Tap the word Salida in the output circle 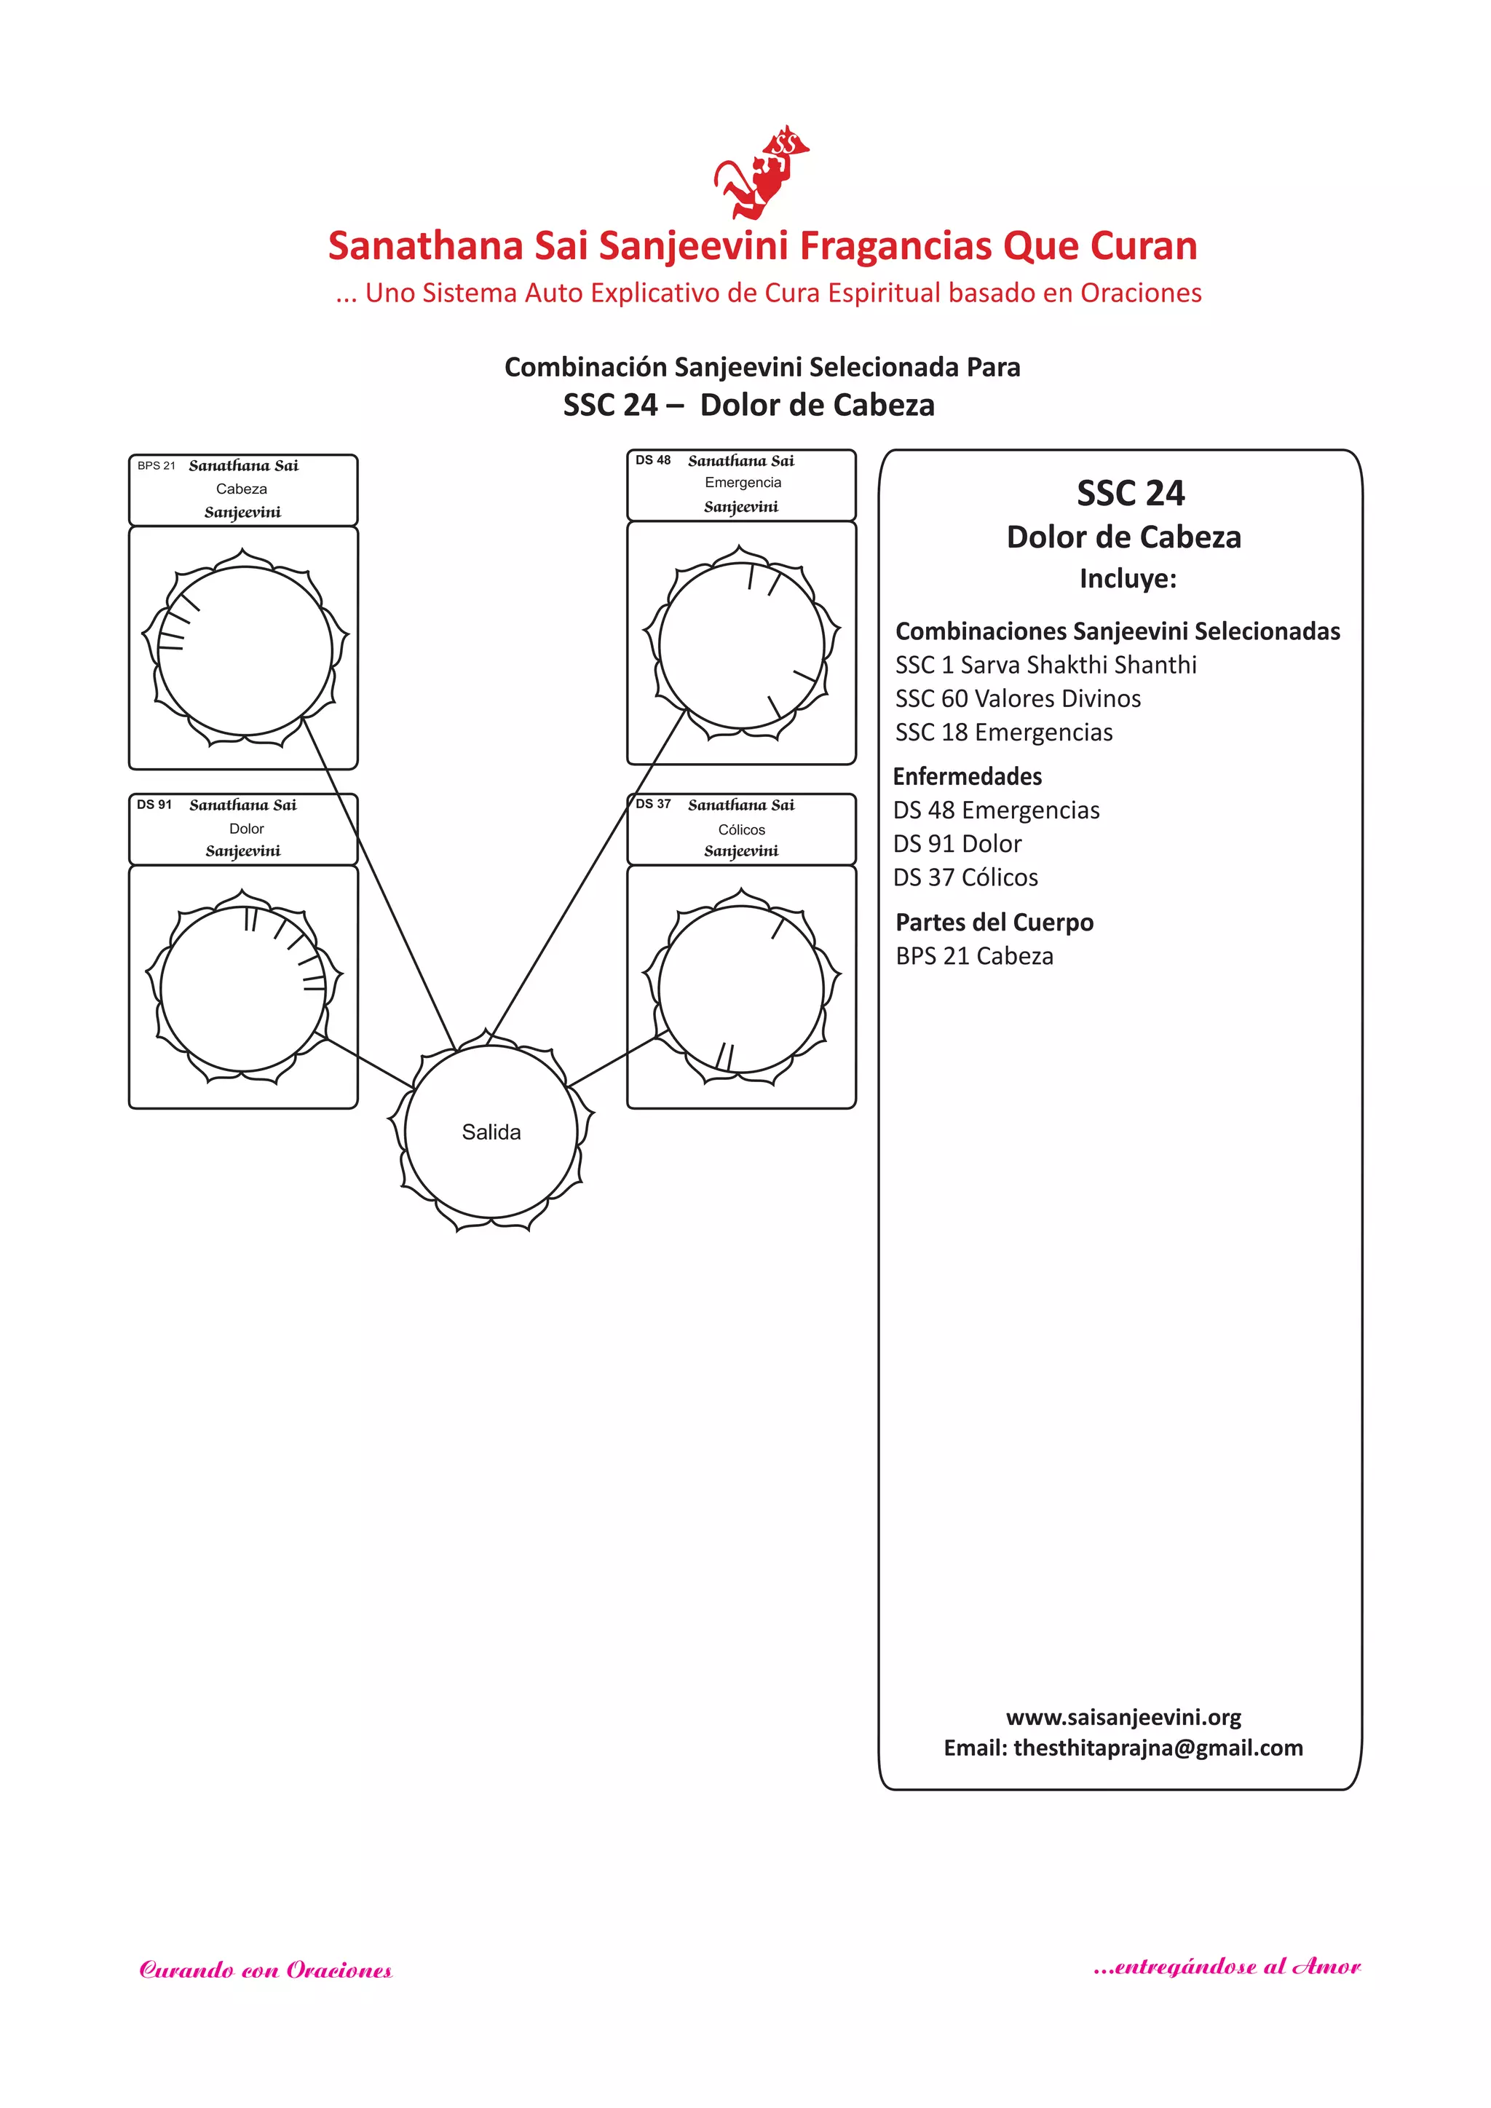[x=491, y=1132]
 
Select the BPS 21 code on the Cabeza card [x=156, y=465]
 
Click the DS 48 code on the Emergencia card [x=653, y=460]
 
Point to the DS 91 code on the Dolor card [x=154, y=805]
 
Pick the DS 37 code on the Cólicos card [x=653, y=803]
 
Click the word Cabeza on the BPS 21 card [x=242, y=489]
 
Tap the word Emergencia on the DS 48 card [x=743, y=482]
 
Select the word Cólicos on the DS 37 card [x=741, y=829]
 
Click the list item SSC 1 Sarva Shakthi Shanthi [x=1045, y=665]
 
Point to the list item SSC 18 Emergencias [x=1003, y=733]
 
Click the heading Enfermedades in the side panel [x=967, y=777]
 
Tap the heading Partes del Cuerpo [x=994, y=922]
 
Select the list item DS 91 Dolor [x=957, y=844]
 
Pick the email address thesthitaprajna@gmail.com [x=1158, y=1748]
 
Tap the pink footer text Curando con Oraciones [x=265, y=1970]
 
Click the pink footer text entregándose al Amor [x=1227, y=1967]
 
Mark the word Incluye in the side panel [x=1128, y=578]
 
